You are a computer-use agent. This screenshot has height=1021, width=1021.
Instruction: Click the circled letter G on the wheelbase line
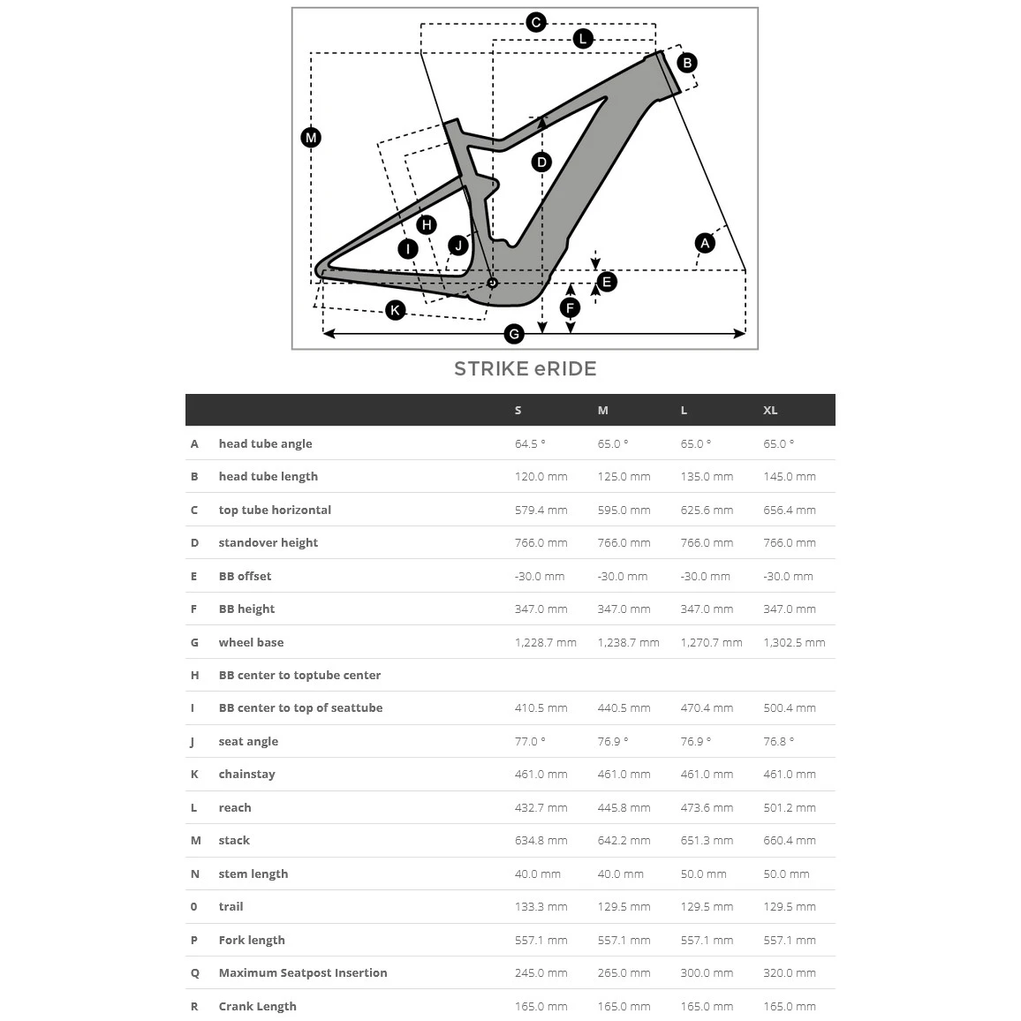point(514,334)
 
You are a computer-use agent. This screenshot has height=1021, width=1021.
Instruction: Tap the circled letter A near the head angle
point(704,243)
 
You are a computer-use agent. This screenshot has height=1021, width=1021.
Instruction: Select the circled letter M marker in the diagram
point(311,138)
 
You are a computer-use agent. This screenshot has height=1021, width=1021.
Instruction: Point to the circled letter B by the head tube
point(687,63)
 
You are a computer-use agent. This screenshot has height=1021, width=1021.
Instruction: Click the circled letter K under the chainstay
point(396,309)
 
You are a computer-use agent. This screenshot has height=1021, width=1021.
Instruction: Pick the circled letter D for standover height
point(541,162)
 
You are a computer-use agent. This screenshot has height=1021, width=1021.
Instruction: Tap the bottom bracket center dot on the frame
point(493,283)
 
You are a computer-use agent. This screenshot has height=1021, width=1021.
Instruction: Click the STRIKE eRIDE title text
point(525,369)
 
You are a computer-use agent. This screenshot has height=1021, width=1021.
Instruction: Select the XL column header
point(770,410)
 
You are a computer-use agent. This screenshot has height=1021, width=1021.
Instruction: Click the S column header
point(518,410)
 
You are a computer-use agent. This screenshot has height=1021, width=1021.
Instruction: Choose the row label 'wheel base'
point(251,642)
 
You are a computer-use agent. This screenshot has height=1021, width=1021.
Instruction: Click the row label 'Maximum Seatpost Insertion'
point(303,972)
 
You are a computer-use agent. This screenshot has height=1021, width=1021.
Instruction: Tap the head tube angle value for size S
point(530,443)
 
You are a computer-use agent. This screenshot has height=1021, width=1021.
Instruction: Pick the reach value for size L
point(707,807)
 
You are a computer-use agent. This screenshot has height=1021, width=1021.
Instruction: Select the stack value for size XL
point(790,840)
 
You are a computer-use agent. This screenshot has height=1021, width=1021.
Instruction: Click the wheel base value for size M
point(628,642)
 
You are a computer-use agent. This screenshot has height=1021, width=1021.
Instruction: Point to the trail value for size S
point(541,906)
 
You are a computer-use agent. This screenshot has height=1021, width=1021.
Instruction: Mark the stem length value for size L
point(703,874)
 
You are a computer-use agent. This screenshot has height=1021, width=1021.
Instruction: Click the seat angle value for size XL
point(778,741)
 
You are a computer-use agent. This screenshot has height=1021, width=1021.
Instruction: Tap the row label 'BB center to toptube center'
point(299,675)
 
